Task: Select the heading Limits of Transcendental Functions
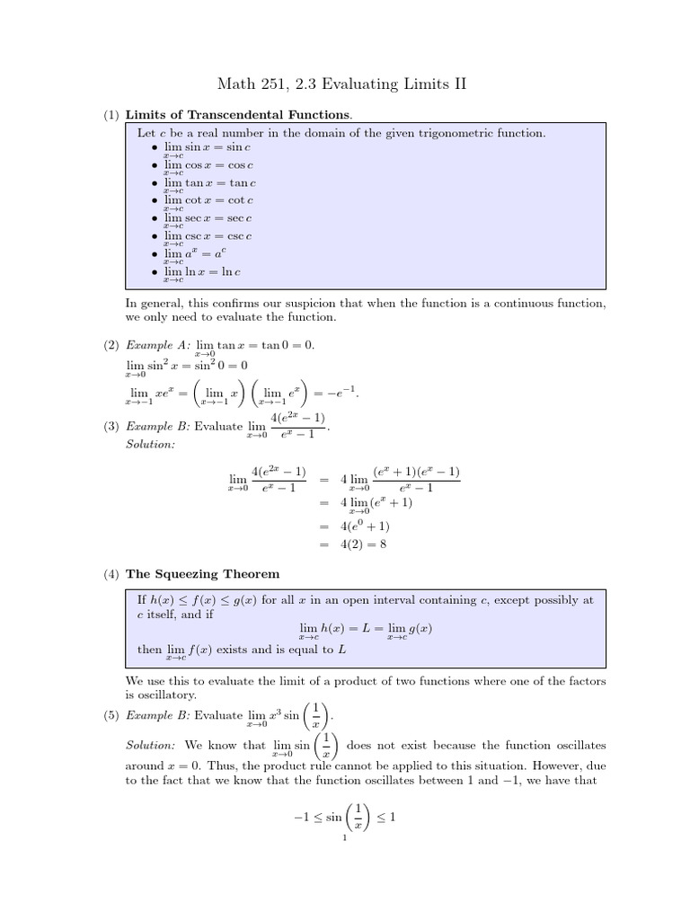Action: (238, 114)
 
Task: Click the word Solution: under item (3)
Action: (151, 446)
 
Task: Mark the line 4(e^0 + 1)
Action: (366, 526)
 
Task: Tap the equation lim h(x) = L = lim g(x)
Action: (365, 630)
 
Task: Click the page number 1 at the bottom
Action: (344, 838)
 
